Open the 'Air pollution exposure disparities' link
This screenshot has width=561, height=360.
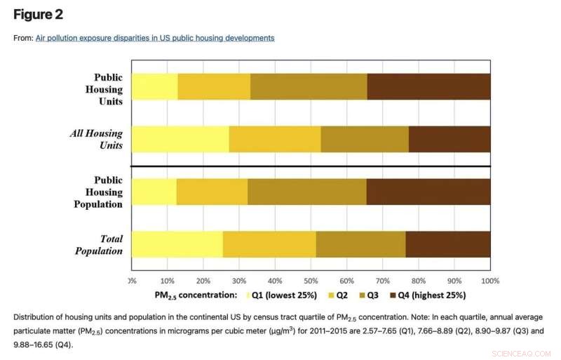click(x=155, y=38)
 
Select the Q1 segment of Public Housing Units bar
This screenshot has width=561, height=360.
click(x=154, y=86)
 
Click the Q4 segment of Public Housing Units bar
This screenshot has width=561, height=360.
click(x=428, y=86)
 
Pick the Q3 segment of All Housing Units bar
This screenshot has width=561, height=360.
click(x=364, y=139)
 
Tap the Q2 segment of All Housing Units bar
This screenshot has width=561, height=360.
click(x=274, y=139)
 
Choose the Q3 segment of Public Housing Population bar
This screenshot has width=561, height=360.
click(x=306, y=192)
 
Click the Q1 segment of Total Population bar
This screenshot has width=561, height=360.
click(x=177, y=244)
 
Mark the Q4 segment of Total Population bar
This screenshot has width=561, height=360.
click(x=447, y=244)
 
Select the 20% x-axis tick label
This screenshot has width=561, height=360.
click(x=203, y=281)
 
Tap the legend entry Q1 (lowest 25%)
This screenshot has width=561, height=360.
click(x=284, y=295)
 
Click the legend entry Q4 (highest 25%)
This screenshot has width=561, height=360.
click(x=432, y=295)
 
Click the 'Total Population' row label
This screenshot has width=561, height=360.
click(x=99, y=244)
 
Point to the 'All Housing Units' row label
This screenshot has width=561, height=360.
click(x=96, y=139)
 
